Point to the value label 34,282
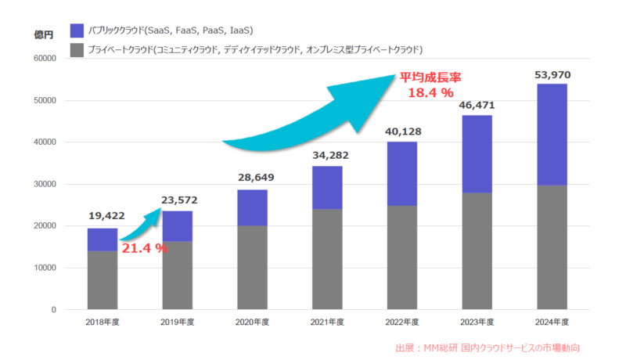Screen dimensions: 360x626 click(x=327, y=156)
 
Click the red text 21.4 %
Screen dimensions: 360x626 click(x=144, y=248)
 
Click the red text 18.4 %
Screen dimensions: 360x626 click(x=430, y=93)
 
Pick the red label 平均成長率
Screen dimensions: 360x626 click(x=430, y=77)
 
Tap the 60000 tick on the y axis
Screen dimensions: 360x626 click(x=43, y=59)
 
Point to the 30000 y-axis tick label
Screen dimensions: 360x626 click(x=43, y=184)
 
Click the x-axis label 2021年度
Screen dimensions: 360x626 click(x=326, y=322)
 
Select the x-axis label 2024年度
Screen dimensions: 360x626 click(x=551, y=322)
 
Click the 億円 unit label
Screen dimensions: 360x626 click(x=44, y=35)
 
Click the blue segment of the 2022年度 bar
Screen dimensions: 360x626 click(x=402, y=174)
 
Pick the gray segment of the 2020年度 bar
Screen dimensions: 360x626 click(x=252, y=266)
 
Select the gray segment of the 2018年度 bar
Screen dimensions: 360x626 click(x=102, y=280)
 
